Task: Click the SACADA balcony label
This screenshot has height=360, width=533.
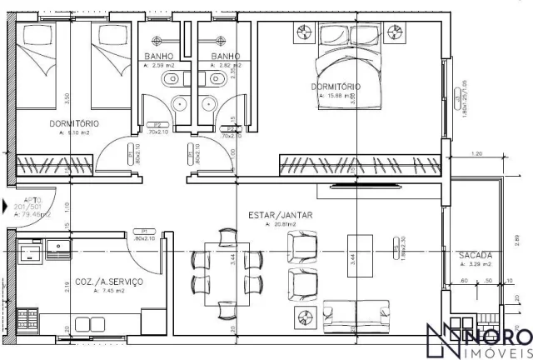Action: [x=475, y=256]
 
